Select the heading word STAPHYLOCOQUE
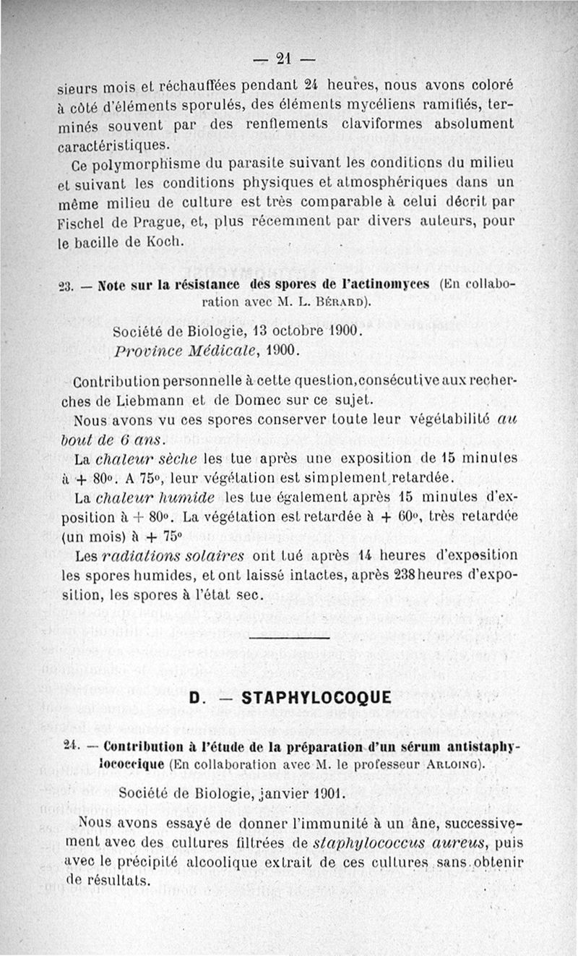316,698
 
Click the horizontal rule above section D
288,639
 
